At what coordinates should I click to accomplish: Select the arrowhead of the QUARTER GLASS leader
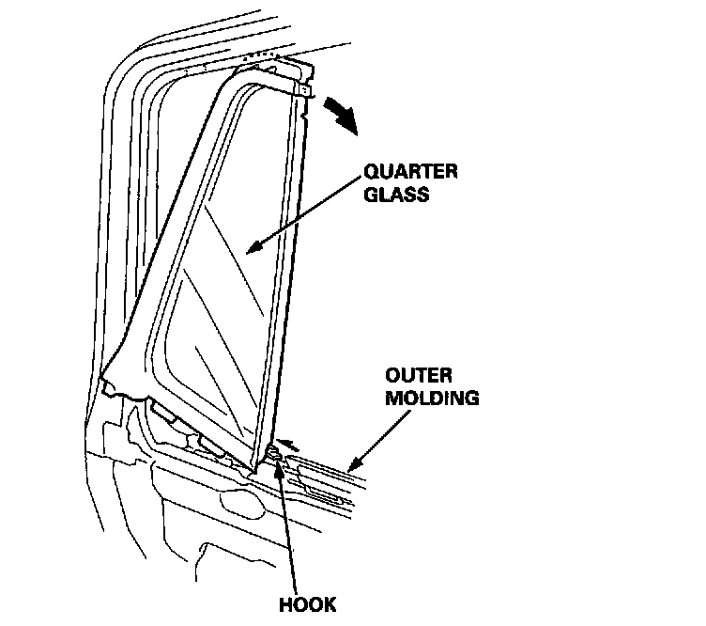coord(252,248)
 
